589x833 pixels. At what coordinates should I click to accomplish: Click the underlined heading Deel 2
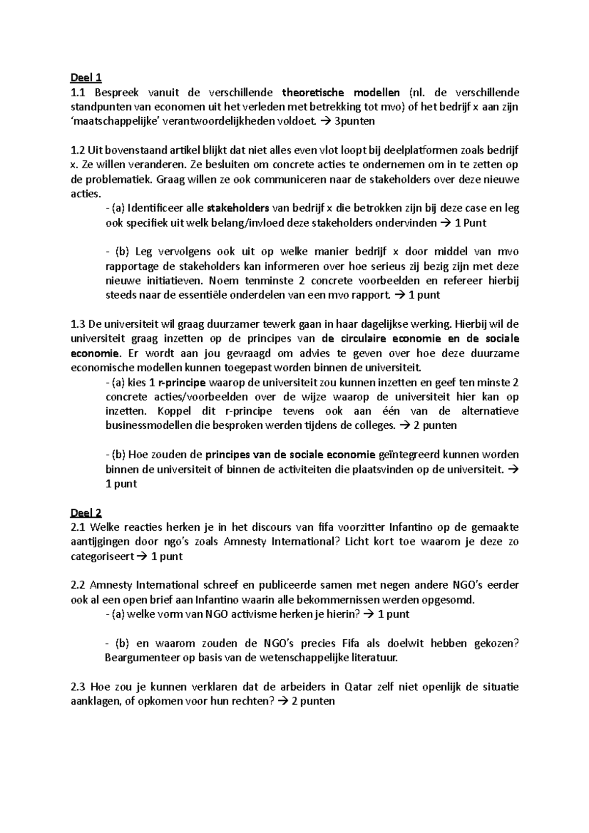[x=86, y=513]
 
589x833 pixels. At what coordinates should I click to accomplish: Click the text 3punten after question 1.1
[x=354, y=121]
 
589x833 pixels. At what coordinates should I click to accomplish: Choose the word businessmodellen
[x=148, y=425]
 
